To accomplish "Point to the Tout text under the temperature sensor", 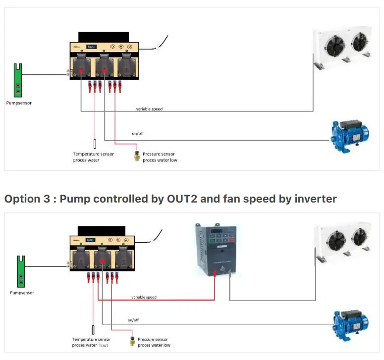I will [x=103, y=345].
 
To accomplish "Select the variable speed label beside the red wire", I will [x=144, y=297].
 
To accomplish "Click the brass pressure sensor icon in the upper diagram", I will [x=137, y=156].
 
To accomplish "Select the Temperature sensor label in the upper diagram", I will [x=93, y=154].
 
